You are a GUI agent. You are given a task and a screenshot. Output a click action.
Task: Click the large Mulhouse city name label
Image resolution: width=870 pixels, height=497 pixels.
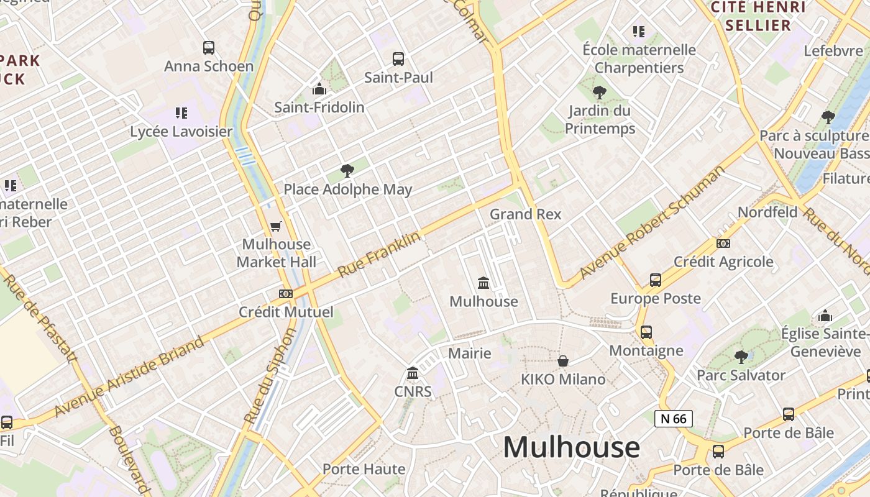tap(571, 447)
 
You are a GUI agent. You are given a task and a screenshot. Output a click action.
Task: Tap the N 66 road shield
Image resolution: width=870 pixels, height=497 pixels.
tap(673, 418)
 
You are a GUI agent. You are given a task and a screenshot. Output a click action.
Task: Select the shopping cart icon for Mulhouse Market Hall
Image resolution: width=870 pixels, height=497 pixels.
tap(276, 226)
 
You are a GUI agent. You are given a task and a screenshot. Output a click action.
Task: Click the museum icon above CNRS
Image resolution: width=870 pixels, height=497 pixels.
tap(413, 373)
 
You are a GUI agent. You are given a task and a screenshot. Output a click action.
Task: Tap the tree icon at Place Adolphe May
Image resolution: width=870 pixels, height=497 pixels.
tap(347, 171)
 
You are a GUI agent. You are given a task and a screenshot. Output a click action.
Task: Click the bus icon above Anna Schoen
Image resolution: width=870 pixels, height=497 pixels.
tap(209, 47)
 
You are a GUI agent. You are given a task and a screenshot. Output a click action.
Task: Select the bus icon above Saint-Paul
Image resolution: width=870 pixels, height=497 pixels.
tap(398, 59)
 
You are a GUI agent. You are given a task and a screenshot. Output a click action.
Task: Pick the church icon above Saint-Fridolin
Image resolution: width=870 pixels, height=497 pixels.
tap(319, 89)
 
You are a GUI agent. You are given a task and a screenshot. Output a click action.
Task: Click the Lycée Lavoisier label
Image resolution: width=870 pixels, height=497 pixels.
tap(181, 131)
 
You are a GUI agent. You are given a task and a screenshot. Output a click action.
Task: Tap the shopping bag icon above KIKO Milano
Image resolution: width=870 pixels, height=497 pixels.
tap(563, 361)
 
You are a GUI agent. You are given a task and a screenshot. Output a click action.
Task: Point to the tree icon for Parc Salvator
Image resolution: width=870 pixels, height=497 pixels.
tap(741, 357)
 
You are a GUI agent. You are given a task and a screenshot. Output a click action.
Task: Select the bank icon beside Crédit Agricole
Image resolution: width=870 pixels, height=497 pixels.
tap(723, 244)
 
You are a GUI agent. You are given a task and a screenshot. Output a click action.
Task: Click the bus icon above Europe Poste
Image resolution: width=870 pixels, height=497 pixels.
tap(656, 280)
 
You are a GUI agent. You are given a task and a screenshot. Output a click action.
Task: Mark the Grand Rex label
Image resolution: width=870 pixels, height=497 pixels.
tap(525, 214)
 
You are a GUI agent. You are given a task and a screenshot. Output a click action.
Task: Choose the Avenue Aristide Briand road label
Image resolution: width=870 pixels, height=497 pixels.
tap(129, 376)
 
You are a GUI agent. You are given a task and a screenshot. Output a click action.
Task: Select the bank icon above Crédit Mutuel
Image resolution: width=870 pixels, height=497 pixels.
tap(286, 293)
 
